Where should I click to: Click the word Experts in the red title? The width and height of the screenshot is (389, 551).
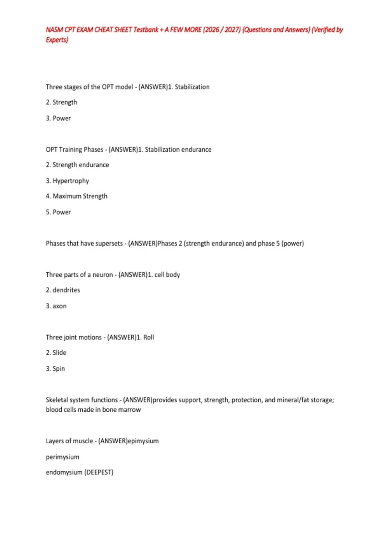[57, 40]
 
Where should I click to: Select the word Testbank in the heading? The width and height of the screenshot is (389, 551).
[146, 30]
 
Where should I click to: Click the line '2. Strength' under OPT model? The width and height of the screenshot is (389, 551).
[62, 102]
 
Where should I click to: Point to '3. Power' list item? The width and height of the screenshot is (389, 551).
[58, 118]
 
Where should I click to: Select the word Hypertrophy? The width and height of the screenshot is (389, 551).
[71, 181]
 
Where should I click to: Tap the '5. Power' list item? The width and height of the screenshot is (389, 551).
[58, 212]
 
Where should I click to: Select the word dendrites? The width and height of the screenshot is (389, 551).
[66, 290]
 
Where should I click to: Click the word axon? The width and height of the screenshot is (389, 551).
[59, 306]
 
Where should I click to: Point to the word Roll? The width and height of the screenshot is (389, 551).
[149, 337]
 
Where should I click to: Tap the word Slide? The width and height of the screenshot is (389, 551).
[59, 353]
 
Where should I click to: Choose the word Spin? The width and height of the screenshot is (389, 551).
[59, 369]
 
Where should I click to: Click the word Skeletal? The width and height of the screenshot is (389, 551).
[57, 400]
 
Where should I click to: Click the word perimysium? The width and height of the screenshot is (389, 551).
[63, 457]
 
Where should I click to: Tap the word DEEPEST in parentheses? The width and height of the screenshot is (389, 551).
[99, 472]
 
